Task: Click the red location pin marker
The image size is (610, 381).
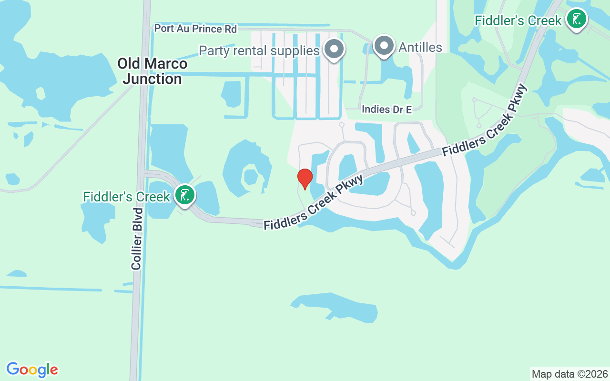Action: (x=305, y=178)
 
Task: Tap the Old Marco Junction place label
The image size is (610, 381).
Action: (x=152, y=71)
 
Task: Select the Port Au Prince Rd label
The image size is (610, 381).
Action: (x=195, y=29)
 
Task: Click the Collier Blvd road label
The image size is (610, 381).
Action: (x=137, y=238)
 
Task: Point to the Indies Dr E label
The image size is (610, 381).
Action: (x=386, y=110)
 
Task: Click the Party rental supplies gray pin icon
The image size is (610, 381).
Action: (x=334, y=49)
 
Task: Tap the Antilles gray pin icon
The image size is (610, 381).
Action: (x=384, y=46)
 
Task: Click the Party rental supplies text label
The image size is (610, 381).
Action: (x=259, y=50)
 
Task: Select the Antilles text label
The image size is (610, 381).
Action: (x=420, y=47)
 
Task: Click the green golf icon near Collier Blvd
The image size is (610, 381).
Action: (x=185, y=195)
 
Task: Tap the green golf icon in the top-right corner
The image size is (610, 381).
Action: (x=577, y=20)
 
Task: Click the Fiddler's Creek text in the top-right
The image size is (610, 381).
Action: (x=518, y=20)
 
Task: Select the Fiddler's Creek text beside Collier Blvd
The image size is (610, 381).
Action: (x=126, y=197)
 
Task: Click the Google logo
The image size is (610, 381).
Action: (x=32, y=370)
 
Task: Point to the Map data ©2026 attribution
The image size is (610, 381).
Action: (x=569, y=374)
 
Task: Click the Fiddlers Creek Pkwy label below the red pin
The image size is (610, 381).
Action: (x=313, y=202)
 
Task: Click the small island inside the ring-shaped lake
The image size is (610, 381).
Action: (x=250, y=176)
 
